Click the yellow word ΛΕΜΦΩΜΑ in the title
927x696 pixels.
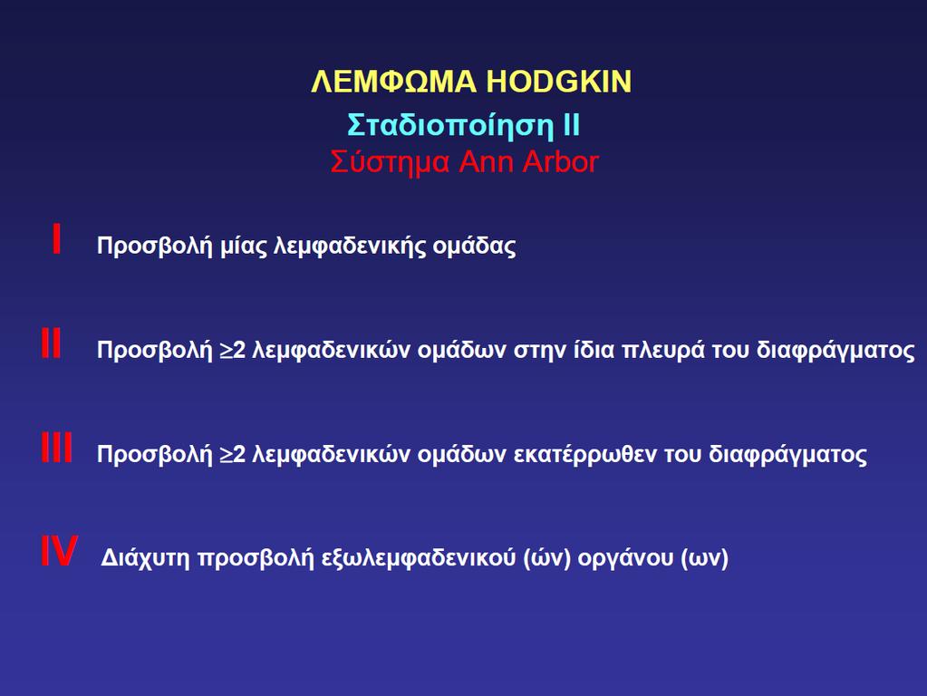[393, 82]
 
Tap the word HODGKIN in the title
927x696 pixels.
[559, 82]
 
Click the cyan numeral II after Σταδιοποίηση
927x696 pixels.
[572, 125]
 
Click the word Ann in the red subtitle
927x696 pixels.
[486, 161]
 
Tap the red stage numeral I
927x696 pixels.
[57, 238]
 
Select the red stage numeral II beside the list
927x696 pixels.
[51, 343]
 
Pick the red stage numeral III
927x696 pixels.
[57, 447]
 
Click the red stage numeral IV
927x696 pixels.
[59, 551]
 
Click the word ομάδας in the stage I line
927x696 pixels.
[474, 246]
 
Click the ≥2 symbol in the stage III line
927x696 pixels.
[232, 454]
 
